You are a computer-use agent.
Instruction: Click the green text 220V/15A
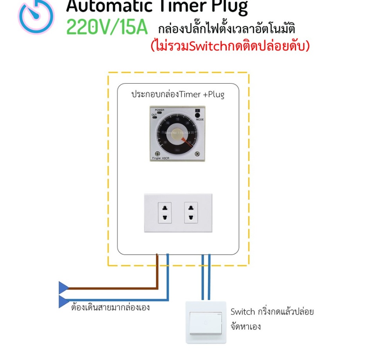(107, 27)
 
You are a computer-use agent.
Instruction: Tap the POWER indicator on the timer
(159, 113)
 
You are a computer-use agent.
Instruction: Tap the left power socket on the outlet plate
(165, 213)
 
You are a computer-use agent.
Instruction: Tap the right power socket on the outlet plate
(191, 213)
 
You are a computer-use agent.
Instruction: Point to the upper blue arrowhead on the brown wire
(63, 288)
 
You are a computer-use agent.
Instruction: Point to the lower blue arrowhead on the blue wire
(63, 301)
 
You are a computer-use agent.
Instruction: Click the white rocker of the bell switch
(205, 323)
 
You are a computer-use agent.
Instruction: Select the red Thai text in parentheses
(230, 46)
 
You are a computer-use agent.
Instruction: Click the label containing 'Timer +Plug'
(178, 94)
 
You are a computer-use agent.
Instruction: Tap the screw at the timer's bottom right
(197, 154)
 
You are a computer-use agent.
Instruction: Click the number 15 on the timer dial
(178, 119)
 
